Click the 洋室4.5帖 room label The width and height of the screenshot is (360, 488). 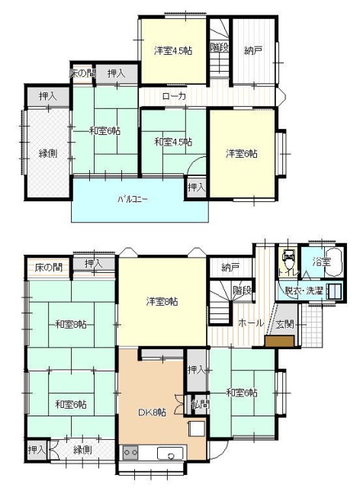pos(172,51)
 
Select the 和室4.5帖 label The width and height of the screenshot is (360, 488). pos(172,142)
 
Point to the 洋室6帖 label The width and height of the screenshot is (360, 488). pos(241,153)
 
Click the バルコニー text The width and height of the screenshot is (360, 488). pos(133,200)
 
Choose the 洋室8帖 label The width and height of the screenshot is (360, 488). pos(162,302)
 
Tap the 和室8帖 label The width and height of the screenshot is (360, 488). pos(70,325)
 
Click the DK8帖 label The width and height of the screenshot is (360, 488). pos(151,413)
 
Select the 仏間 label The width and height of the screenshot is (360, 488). pos(199,404)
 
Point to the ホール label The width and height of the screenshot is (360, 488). pos(251,323)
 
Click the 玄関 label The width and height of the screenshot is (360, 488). pos(284,324)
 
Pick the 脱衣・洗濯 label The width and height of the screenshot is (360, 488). pos(304,291)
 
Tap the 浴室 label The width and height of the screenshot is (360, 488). pos(321,262)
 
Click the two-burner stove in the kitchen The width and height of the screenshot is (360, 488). pos(130,452)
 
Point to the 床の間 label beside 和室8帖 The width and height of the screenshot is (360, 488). pos(48,268)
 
